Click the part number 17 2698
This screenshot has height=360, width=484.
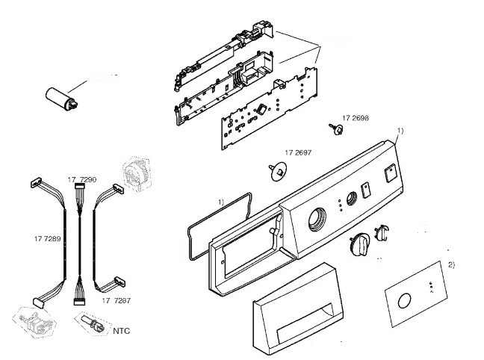pos(355,119)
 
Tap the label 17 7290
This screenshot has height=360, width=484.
pos(81,181)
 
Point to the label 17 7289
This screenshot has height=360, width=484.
pos(47,238)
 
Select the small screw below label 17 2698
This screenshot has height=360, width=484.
pos(335,130)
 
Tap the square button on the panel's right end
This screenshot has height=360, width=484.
pos(388,176)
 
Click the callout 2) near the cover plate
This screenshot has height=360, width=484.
pos(451,264)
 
